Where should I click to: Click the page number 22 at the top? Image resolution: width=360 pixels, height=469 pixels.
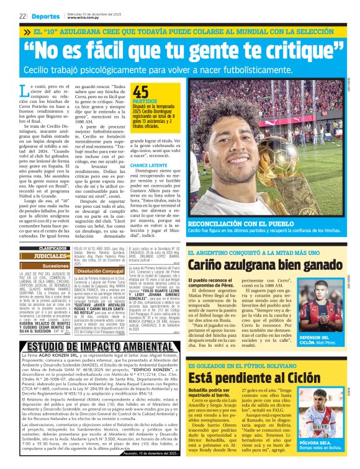tap(22, 16)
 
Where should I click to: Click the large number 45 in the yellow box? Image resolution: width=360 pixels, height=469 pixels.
tap(142, 92)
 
